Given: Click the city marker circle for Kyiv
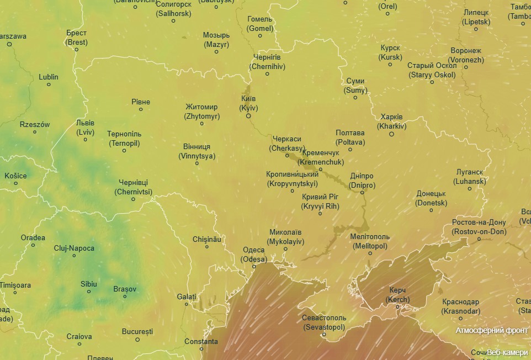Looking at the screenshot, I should [248, 116].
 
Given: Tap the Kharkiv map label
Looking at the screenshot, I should [392, 121].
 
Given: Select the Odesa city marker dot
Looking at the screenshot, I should [254, 266].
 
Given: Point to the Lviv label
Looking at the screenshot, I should [85, 128].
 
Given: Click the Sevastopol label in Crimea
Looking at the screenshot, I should [324, 323].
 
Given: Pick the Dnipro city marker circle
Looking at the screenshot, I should [363, 192].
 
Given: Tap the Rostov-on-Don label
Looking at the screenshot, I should [479, 227].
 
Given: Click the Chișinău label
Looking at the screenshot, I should [207, 239].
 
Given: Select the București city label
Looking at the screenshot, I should [137, 331].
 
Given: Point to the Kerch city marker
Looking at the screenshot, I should [397, 307].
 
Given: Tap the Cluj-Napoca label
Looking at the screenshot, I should [74, 248].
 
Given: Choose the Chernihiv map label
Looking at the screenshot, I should [267, 62].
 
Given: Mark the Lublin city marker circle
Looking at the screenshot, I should [49, 84].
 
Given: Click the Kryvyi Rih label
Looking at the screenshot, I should [320, 202].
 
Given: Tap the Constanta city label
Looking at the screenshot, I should [201, 341].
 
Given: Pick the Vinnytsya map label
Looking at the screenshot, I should [197, 151].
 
